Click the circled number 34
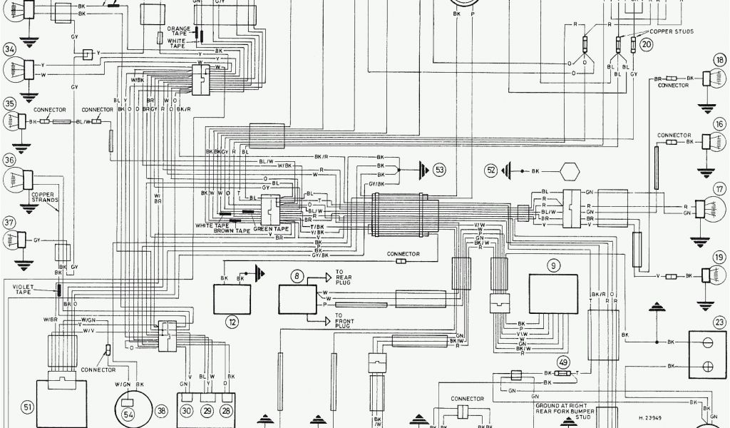tap(9, 50)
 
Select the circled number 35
tap(9, 103)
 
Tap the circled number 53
tap(439, 170)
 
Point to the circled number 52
tap(490, 170)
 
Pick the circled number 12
tap(232, 322)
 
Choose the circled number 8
tap(296, 275)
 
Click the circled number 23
tap(719, 322)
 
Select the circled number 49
tap(563, 362)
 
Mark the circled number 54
tap(129, 414)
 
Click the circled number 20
tap(647, 44)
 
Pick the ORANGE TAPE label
tap(179, 30)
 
